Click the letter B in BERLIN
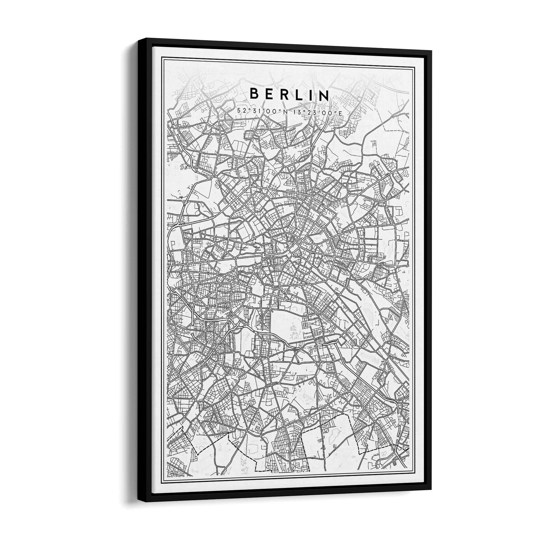click(x=254, y=94)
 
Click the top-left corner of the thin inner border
click(x=162, y=57)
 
